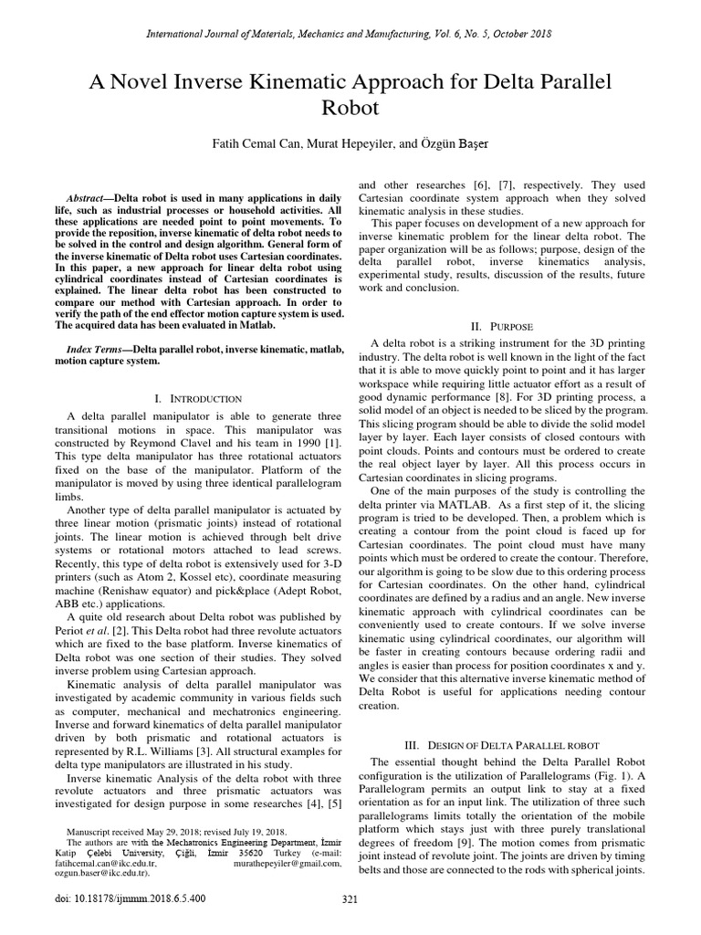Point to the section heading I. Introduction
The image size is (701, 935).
[198, 398]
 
